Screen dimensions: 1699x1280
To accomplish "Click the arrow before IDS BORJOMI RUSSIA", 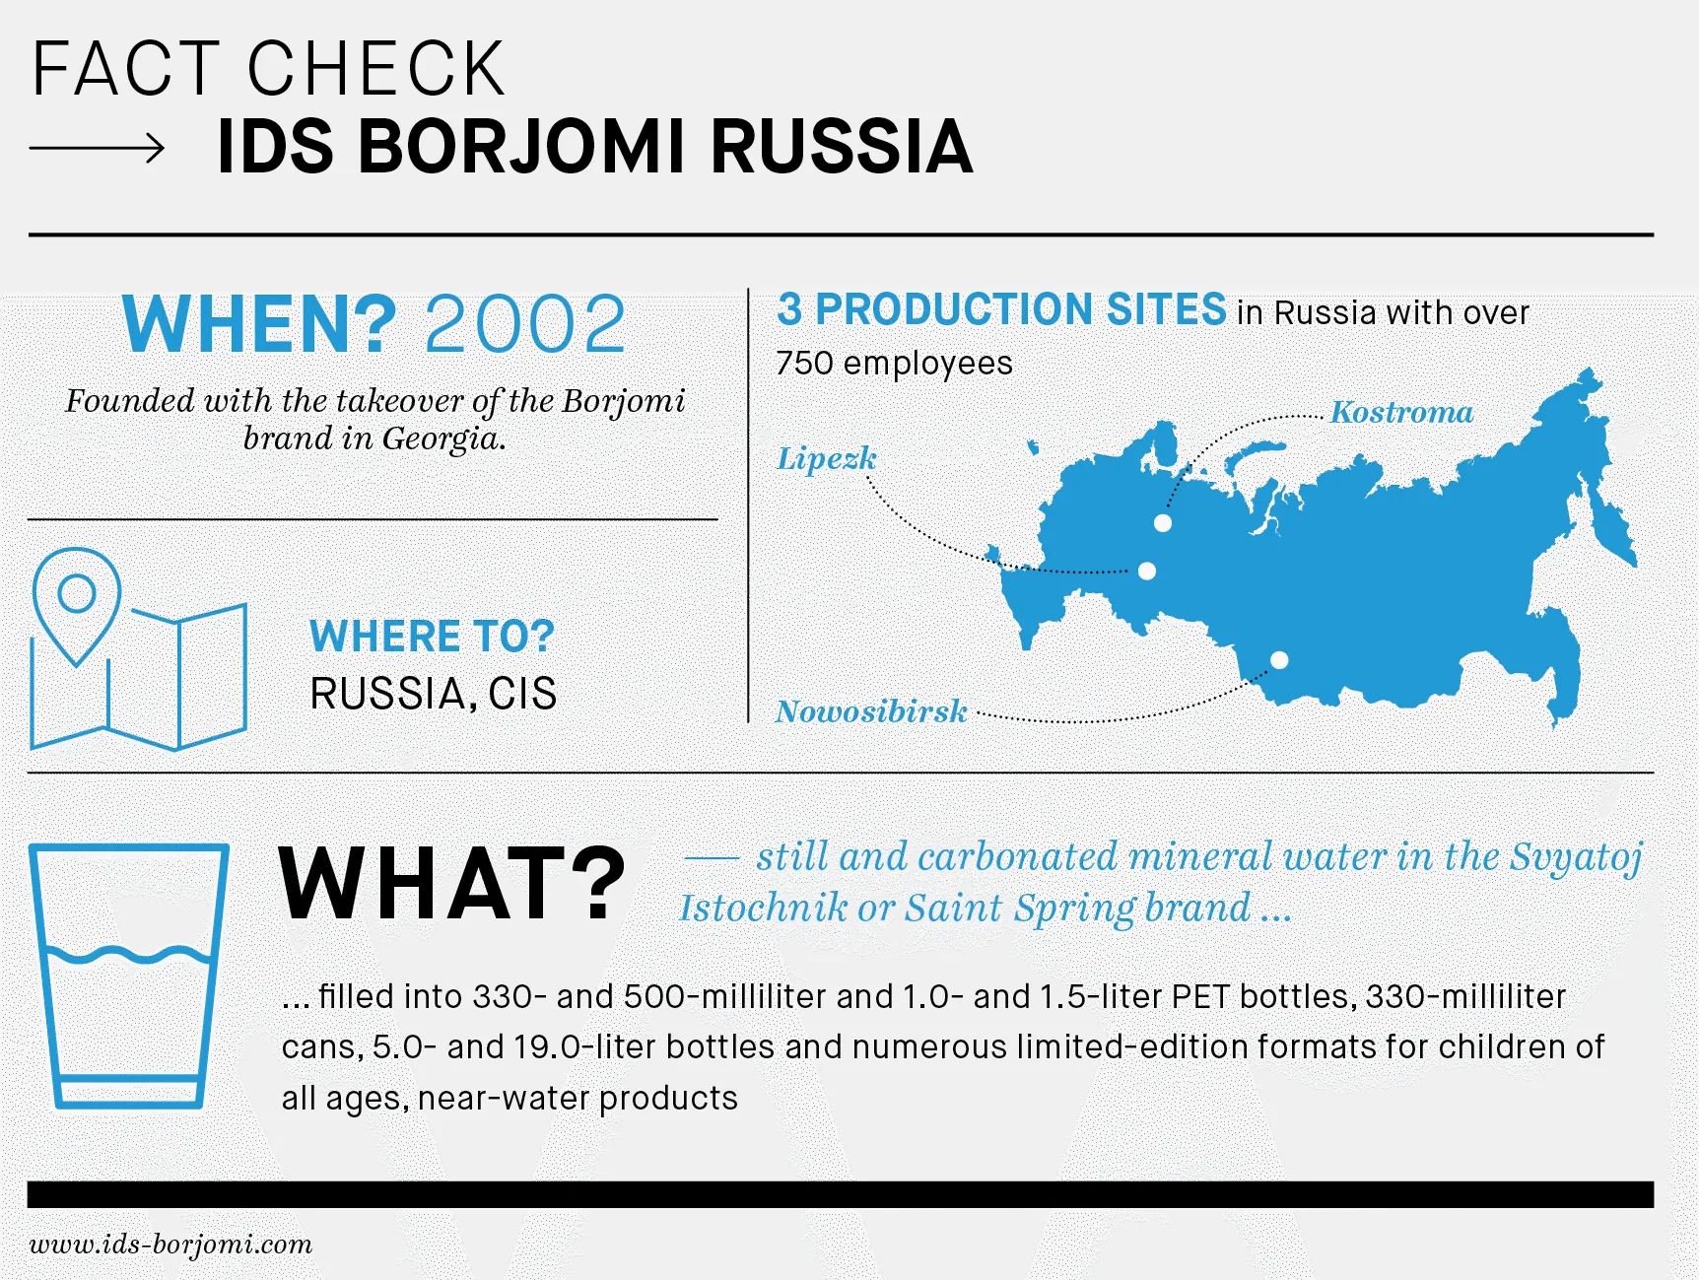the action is [x=97, y=149].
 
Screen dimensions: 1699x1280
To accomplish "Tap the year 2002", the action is [x=525, y=324].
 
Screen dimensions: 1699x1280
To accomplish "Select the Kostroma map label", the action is [x=1401, y=412].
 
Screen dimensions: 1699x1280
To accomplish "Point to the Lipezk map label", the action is [x=826, y=459].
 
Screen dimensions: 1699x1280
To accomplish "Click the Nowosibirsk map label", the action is [x=871, y=711].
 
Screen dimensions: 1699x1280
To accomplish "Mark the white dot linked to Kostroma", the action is [x=1163, y=523].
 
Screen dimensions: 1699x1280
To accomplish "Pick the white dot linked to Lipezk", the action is [x=1146, y=571].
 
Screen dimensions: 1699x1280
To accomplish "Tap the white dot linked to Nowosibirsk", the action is [x=1279, y=660].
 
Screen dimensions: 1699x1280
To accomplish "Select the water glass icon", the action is [x=129, y=976].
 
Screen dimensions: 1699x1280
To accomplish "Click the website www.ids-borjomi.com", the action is [x=170, y=1245].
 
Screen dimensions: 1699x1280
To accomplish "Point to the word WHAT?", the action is [x=452, y=884].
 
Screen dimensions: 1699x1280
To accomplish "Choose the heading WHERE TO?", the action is [x=432, y=637].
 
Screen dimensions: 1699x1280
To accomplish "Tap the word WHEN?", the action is [x=259, y=324].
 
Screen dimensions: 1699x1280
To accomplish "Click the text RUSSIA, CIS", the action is [x=434, y=694].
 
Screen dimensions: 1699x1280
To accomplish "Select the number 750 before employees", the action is [x=804, y=363].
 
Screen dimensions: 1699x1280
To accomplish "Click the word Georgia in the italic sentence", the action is [x=443, y=438].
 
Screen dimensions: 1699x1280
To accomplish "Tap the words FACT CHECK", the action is [x=268, y=69].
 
